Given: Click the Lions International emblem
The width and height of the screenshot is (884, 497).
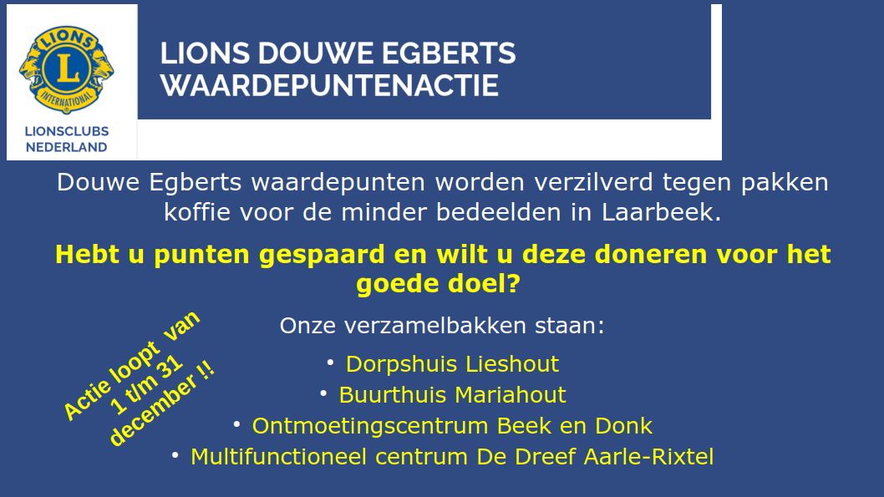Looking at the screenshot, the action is [x=67, y=69].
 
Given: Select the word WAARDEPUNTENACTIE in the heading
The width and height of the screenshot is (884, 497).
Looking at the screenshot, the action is [x=329, y=86].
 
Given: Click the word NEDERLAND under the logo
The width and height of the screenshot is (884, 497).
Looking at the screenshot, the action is [x=67, y=147].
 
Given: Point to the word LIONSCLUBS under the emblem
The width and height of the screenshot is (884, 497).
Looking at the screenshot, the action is [x=67, y=131].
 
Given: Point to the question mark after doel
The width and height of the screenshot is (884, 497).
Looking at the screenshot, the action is [x=513, y=283].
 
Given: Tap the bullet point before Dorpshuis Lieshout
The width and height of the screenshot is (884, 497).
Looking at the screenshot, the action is [x=330, y=363].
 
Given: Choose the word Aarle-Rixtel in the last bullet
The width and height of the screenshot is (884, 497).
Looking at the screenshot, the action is [x=648, y=457].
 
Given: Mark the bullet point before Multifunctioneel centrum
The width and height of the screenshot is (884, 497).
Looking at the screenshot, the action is [x=175, y=455].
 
